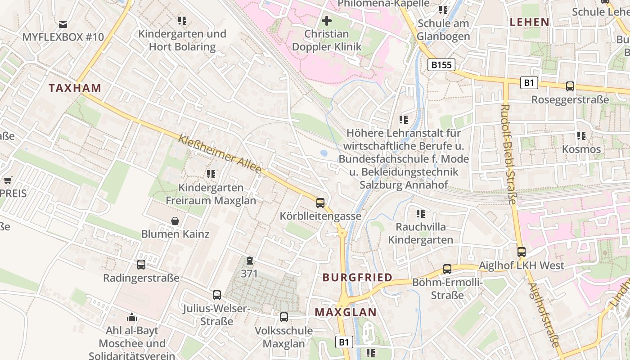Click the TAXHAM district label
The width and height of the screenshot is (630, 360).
(x=75, y=88)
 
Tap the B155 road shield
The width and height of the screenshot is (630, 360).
(x=441, y=65)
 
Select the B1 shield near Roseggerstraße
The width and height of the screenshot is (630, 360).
(x=529, y=83)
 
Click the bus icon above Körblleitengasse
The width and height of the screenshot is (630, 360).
(x=320, y=203)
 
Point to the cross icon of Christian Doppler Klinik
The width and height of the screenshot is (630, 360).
(x=327, y=21)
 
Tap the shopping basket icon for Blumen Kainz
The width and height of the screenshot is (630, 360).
(x=175, y=221)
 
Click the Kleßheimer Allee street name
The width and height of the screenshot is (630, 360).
(x=220, y=154)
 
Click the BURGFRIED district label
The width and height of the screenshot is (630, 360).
(x=357, y=277)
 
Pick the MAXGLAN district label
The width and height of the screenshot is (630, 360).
(x=345, y=312)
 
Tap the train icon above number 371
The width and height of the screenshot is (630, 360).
(x=249, y=261)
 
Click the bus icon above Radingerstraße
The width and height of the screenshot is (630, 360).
(x=141, y=265)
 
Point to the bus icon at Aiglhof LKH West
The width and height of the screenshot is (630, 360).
(x=521, y=252)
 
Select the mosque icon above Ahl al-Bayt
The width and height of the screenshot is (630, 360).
(x=131, y=317)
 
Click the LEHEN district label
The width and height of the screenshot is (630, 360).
(x=529, y=22)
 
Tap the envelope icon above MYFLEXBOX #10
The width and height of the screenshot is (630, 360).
(x=63, y=24)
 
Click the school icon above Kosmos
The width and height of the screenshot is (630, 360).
(x=581, y=135)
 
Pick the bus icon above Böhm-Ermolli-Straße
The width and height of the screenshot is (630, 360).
(x=447, y=269)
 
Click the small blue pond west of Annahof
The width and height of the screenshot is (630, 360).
(x=324, y=153)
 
